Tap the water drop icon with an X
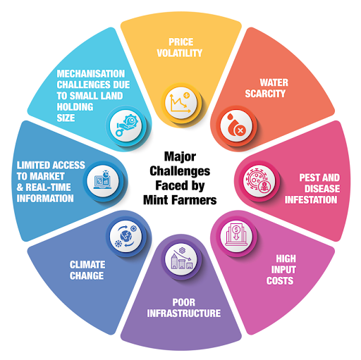[236, 125]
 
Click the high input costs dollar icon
[236, 235]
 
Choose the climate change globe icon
[126, 236]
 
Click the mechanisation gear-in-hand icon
[126, 125]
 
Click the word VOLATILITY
[180, 53]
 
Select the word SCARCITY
[265, 94]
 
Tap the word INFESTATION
[311, 199]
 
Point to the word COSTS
[280, 280]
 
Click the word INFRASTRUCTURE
[184, 313]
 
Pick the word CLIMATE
[87, 265]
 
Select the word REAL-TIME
[48, 187]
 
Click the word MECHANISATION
[91, 73]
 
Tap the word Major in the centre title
[180, 156]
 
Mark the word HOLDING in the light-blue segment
[75, 107]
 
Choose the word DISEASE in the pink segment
[322, 188]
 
